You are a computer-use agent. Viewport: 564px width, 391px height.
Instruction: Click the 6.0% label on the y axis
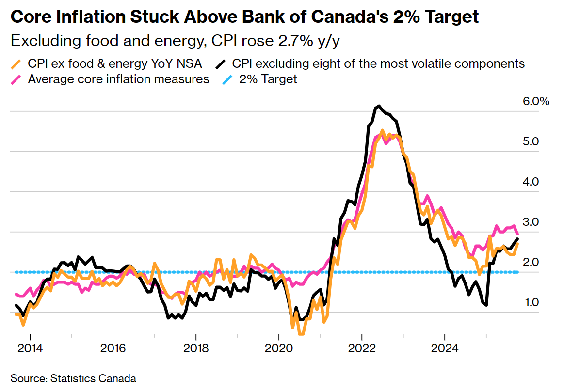[x=536, y=102]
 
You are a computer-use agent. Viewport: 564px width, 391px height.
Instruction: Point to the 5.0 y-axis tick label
[x=532, y=142]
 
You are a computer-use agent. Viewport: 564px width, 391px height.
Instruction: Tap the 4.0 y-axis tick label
[x=532, y=182]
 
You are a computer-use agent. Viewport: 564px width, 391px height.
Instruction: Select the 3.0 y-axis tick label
[x=532, y=222]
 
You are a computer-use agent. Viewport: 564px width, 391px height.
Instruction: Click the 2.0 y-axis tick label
[x=532, y=263]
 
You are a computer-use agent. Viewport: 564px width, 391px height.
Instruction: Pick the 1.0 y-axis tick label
[x=532, y=303]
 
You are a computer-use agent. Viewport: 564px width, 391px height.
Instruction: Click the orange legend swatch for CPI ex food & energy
[x=16, y=64]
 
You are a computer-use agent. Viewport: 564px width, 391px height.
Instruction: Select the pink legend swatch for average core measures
[x=16, y=79]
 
